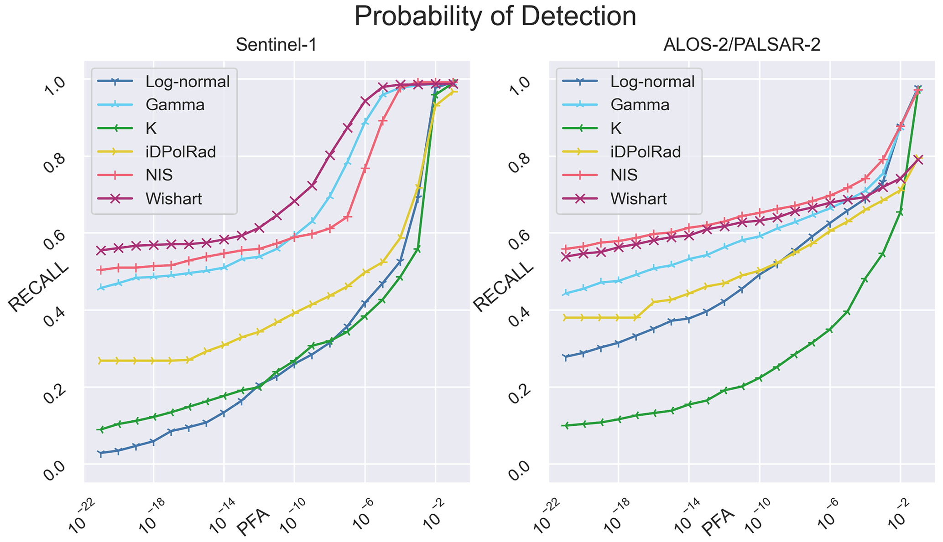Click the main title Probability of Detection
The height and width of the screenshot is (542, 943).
pyautogui.click(x=495, y=16)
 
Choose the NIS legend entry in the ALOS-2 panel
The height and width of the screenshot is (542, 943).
pyautogui.click(x=624, y=175)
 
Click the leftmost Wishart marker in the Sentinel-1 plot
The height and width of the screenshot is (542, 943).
pyautogui.click(x=101, y=250)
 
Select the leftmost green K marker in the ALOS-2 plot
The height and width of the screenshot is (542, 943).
pyautogui.click(x=566, y=426)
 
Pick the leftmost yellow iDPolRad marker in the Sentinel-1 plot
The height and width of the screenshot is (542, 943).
pyautogui.click(x=101, y=361)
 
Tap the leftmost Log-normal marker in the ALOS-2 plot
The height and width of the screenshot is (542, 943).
pyautogui.click(x=566, y=357)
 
